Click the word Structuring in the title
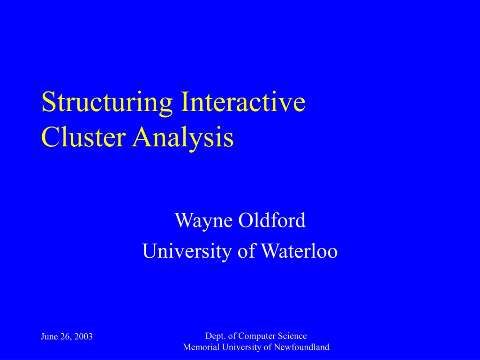[x=107, y=103]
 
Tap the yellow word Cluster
[x=83, y=136]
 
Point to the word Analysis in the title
[x=183, y=138]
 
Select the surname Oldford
[x=272, y=219]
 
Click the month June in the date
[x=49, y=337]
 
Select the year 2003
[x=83, y=337]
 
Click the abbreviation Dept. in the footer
[x=216, y=336]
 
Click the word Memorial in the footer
[x=201, y=347]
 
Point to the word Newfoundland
[x=301, y=347]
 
